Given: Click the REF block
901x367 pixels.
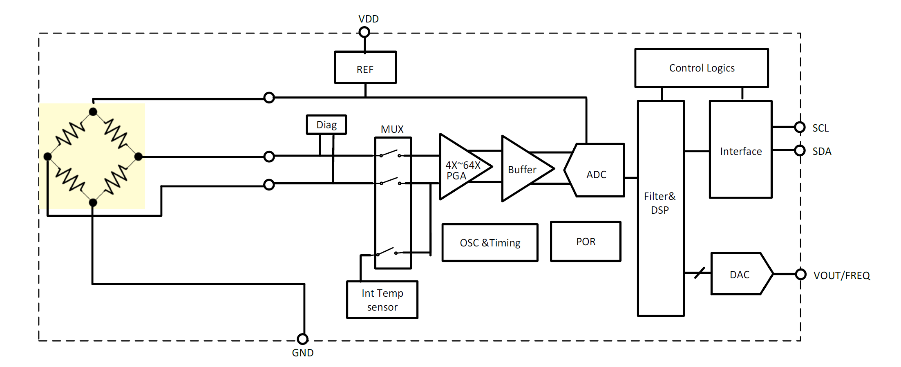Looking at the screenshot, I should coord(365,67).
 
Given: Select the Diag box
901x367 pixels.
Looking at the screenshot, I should coord(326,125).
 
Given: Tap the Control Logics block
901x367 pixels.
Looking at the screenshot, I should coord(702,68).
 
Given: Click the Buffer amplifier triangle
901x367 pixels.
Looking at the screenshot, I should coord(523,169).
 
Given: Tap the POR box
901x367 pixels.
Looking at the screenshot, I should coord(586,242).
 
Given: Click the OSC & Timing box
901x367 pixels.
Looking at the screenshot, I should coord(490,243).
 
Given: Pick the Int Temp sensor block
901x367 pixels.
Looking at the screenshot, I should coord(382,300).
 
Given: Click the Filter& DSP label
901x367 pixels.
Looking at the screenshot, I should coord(660,203).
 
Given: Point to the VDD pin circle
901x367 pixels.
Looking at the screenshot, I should coord(364,32).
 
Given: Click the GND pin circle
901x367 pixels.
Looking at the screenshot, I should coord(303,339).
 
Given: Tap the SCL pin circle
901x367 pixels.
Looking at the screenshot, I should coord(800,127).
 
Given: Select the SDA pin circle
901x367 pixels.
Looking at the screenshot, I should coord(800,150).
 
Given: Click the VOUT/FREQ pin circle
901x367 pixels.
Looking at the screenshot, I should coord(801,274).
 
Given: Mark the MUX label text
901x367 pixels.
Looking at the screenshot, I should coord(392,130).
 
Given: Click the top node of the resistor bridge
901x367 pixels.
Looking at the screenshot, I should coord(93,112).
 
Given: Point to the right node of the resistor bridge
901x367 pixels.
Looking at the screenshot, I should coord(139,156).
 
